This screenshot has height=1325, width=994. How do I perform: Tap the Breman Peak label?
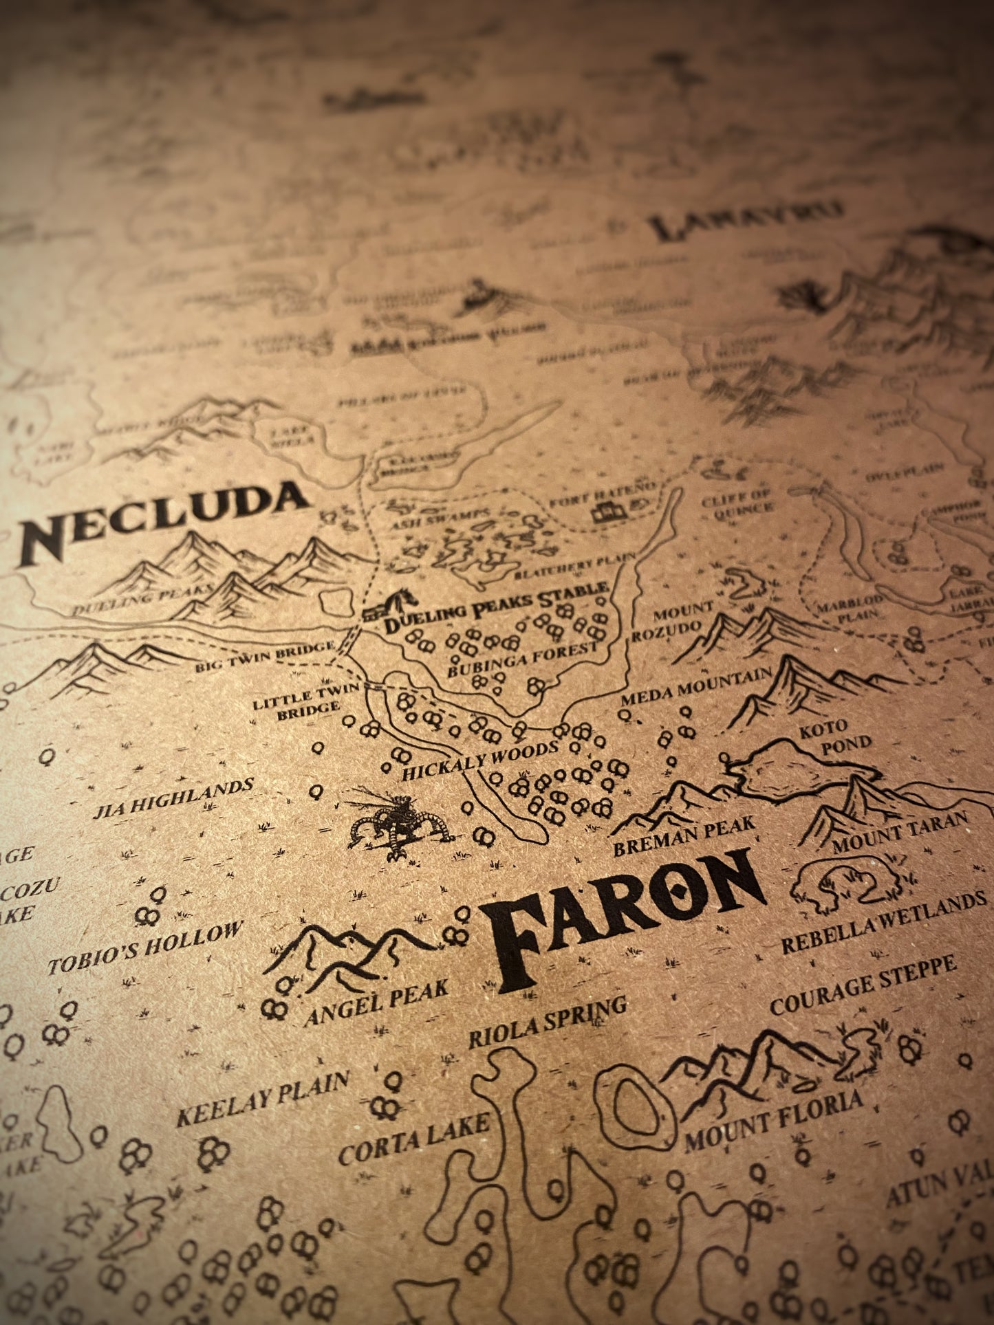[x=684, y=835]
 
